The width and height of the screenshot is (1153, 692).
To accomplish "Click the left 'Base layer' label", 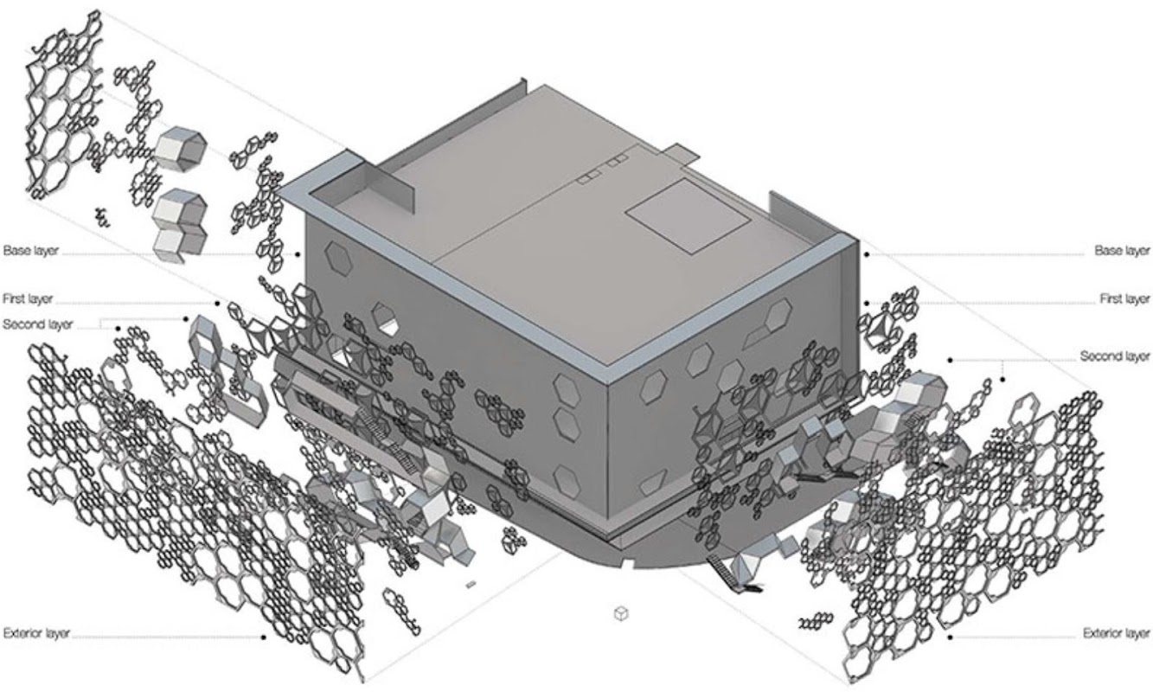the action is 31,251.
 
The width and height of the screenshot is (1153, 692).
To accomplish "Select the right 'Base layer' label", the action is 1122,251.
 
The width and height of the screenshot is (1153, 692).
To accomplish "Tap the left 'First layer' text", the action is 28,298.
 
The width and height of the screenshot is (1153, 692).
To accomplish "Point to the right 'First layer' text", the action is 1124,298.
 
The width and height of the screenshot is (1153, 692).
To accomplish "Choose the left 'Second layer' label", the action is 38,324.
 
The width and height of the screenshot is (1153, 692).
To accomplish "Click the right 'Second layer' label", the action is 1115,356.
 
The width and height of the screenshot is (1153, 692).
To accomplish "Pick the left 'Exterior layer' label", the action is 36,633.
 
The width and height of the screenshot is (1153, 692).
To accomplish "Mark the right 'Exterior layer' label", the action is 1117,633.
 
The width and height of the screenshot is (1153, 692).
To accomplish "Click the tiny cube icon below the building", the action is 621,613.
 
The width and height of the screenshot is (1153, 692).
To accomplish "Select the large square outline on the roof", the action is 688,215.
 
